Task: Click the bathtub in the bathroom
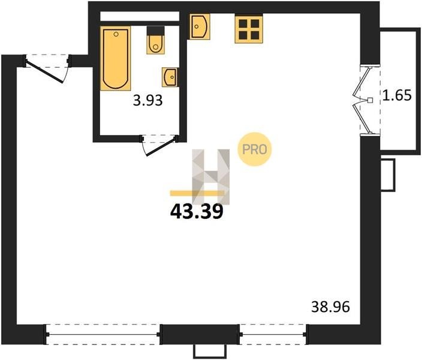pyautogui.click(x=116, y=58)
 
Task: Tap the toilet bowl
pyautogui.click(x=156, y=45)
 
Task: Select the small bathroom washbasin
pyautogui.click(x=170, y=77)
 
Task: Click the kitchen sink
pyautogui.click(x=200, y=26)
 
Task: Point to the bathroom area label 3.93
pyautogui.click(x=148, y=101)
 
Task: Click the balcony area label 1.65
pyautogui.click(x=397, y=95)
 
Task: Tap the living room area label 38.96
pyautogui.click(x=330, y=307)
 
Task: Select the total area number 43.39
pyautogui.click(x=197, y=211)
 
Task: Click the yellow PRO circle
pyautogui.click(x=254, y=149)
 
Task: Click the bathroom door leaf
pyautogui.click(x=161, y=148)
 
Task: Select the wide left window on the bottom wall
pyautogui.click(x=103, y=335)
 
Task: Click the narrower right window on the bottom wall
pyautogui.click(x=273, y=335)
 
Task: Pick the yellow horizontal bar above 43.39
pyautogui.click(x=197, y=193)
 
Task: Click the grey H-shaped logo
pyautogui.click(x=211, y=176)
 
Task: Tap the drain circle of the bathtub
pyautogui.click(x=116, y=34)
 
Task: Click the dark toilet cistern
pyautogui.click(x=156, y=31)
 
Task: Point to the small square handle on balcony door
pyautogui.click(x=370, y=100)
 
